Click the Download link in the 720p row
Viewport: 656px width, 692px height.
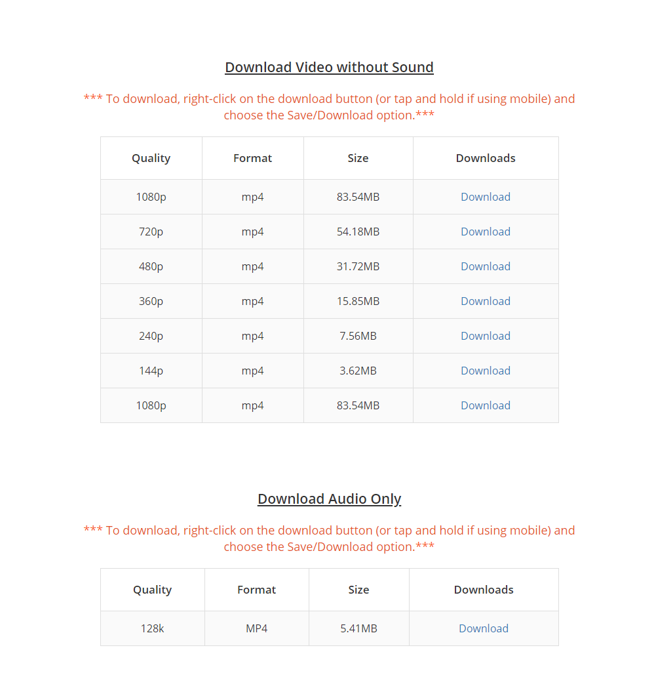(x=485, y=232)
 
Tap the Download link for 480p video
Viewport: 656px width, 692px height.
(x=485, y=266)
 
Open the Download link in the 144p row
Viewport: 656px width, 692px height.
(x=485, y=371)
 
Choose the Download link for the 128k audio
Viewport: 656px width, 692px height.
(x=483, y=628)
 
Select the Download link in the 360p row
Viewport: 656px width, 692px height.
(x=485, y=301)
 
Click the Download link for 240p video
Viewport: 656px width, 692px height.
(x=485, y=336)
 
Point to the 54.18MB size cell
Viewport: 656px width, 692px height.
(x=358, y=232)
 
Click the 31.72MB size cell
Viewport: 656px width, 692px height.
(x=358, y=266)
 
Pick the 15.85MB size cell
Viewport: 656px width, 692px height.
(x=358, y=301)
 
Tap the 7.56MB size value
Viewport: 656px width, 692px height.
(x=358, y=336)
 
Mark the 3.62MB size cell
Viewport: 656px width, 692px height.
(x=358, y=371)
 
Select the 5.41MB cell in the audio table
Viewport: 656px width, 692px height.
(x=358, y=628)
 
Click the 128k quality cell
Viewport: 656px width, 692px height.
(x=152, y=628)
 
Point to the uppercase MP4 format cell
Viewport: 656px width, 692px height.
(x=256, y=628)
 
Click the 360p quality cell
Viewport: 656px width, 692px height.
(x=151, y=301)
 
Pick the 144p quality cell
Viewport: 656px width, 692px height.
(x=151, y=371)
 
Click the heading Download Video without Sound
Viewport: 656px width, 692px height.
(x=329, y=68)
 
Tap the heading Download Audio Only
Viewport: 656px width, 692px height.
(x=329, y=499)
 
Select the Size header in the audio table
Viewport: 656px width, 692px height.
(x=358, y=590)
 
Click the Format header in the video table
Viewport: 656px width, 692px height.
(x=252, y=158)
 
